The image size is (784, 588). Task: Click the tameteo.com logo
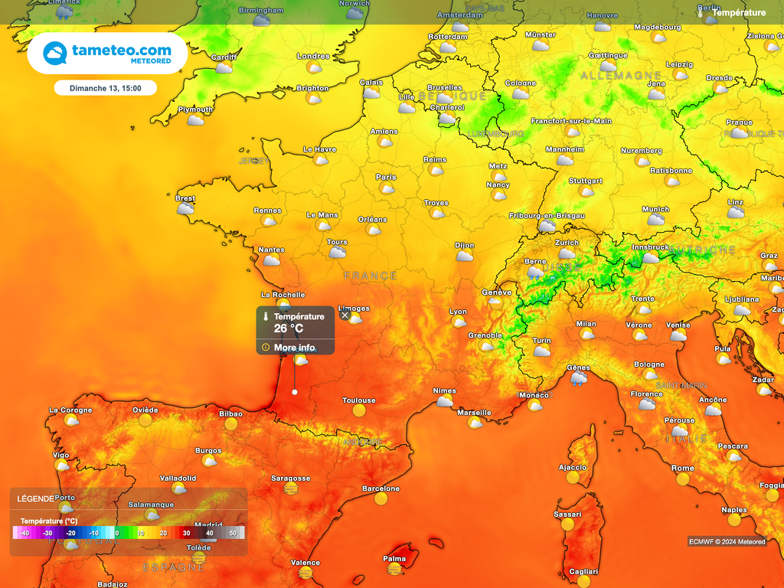107,54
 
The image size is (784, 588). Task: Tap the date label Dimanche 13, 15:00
106,88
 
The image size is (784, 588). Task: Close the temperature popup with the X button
345,315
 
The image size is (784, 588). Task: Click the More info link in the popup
294,348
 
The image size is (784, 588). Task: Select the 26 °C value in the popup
289,328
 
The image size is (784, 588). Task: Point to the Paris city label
386,177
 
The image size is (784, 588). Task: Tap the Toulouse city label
358,400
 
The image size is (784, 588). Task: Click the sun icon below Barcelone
381,499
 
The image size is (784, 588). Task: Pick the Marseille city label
474,413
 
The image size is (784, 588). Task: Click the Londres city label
312,57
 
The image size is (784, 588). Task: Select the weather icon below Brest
185,209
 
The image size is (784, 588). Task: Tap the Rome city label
682,468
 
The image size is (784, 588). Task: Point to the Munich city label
655,209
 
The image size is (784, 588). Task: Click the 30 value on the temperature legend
186,533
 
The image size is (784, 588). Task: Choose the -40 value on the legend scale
24,533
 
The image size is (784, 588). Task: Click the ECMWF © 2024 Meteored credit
727,542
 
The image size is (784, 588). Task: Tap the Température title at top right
738,12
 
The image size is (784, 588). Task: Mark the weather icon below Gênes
579,378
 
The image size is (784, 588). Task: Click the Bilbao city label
230,413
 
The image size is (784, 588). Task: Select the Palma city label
394,559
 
